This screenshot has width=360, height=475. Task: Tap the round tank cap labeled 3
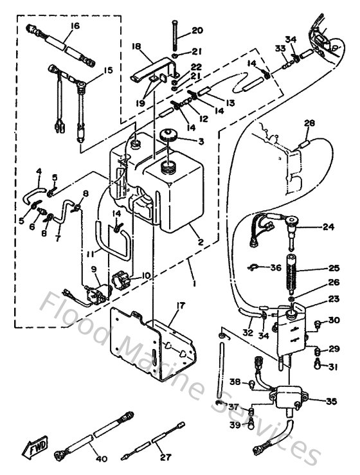tap(170, 136)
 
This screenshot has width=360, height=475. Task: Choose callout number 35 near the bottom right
tap(331, 402)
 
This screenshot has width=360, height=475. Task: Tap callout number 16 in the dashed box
tap(75, 26)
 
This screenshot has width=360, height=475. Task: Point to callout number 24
tap(329, 227)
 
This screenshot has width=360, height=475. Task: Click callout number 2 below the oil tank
tap(201, 242)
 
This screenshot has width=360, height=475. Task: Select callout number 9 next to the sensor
tap(93, 269)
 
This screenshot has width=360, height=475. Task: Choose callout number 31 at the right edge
tap(332, 367)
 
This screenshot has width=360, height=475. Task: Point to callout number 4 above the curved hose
tap(38, 171)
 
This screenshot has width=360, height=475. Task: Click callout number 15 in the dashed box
tap(108, 69)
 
